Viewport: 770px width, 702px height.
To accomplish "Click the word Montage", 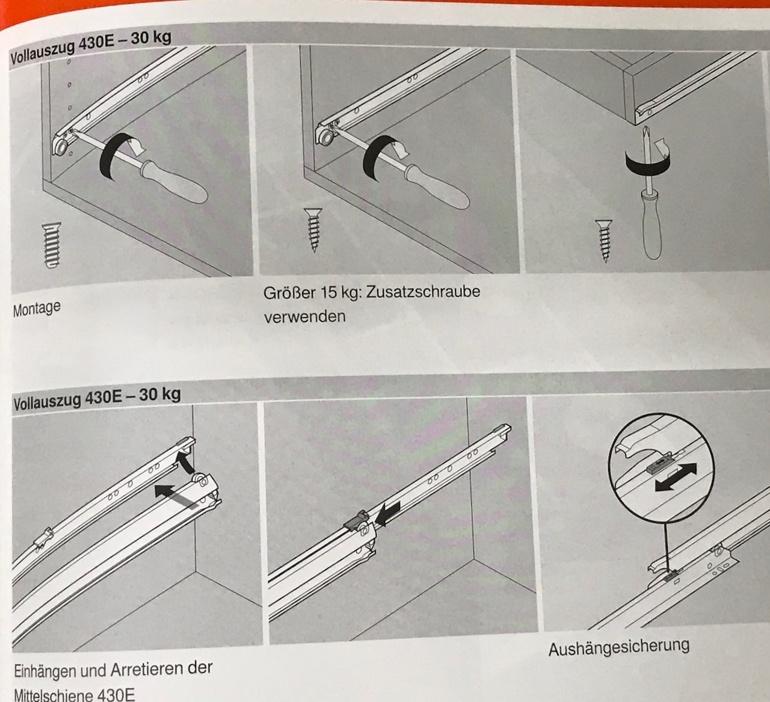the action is tap(37, 309).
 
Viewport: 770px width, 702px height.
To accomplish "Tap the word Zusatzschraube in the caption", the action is tap(423, 292).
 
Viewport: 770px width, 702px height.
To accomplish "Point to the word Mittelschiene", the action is tap(51, 694).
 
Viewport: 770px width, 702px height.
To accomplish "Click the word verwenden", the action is tap(305, 316).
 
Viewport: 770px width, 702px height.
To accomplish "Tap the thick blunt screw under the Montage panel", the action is tap(52, 245).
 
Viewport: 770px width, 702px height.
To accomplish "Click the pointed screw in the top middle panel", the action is tap(313, 230).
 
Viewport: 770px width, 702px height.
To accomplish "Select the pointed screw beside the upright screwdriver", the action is tap(604, 241).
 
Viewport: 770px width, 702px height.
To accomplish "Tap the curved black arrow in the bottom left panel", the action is tap(185, 462).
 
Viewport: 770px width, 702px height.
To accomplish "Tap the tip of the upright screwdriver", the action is tap(645, 128).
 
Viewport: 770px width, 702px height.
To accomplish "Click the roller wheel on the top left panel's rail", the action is tap(61, 148).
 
